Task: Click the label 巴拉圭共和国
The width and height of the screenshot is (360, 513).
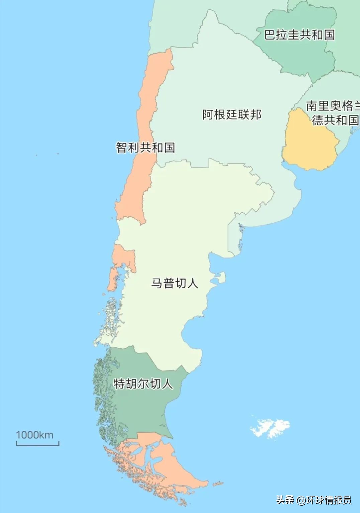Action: click(x=299, y=35)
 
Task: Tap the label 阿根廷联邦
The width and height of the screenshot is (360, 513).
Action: click(x=232, y=115)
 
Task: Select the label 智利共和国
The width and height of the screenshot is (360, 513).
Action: click(x=146, y=147)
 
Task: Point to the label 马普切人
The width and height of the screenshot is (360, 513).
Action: click(x=175, y=283)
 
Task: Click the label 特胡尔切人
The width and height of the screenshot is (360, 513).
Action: click(x=143, y=383)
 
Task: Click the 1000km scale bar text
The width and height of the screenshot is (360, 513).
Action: click(x=35, y=435)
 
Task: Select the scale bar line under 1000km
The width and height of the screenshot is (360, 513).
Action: click(x=37, y=444)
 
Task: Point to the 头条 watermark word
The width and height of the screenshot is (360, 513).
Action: click(x=285, y=500)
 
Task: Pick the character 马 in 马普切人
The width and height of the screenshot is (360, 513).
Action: click(x=157, y=283)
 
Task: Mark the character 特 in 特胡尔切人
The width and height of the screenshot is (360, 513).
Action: click(x=119, y=383)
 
